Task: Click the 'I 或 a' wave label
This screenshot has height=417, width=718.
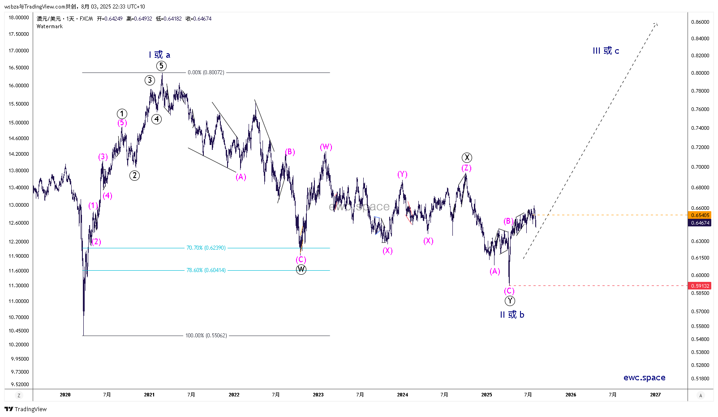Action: click(x=159, y=55)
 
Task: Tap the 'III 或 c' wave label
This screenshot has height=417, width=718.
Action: click(x=606, y=51)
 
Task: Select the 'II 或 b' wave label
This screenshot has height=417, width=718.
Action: click(x=512, y=315)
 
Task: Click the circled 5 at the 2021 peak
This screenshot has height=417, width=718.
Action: click(x=161, y=66)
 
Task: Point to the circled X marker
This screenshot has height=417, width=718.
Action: click(x=467, y=157)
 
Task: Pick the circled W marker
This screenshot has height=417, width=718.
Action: click(x=301, y=269)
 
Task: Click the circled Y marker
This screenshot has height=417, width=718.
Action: click(x=510, y=301)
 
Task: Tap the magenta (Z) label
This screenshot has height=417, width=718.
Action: click(x=467, y=168)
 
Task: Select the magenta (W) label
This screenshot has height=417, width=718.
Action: click(x=326, y=147)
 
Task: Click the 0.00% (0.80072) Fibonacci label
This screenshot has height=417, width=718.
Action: click(x=206, y=72)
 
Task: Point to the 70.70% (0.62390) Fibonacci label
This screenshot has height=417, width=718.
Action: click(x=206, y=248)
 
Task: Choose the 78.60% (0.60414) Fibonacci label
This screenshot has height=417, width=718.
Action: click(x=206, y=270)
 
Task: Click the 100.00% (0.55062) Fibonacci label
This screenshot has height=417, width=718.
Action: click(x=206, y=336)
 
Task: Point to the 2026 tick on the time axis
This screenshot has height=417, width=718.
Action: click(x=571, y=395)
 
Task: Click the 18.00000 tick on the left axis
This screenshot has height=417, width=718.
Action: click(x=19, y=17)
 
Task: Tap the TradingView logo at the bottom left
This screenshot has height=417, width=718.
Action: click(x=26, y=409)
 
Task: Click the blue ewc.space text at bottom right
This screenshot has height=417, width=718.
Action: click(x=644, y=378)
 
